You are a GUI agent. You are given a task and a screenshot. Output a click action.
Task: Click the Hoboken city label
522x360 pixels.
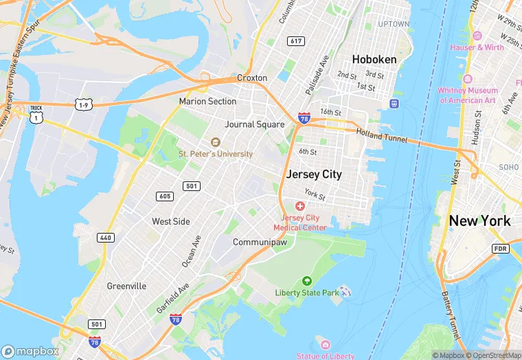[374, 59]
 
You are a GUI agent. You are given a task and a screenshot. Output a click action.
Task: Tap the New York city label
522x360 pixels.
[479, 221]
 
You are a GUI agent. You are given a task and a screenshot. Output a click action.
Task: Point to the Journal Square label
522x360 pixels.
[254, 124]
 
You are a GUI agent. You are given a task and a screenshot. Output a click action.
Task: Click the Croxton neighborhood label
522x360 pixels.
[251, 78]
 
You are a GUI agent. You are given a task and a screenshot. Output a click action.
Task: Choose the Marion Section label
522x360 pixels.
[207, 101]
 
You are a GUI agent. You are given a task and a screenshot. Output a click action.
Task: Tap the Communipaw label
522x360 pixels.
[264, 243]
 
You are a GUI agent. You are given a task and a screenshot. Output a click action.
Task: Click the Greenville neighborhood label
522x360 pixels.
[126, 286]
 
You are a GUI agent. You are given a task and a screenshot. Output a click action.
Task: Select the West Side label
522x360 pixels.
[171, 221]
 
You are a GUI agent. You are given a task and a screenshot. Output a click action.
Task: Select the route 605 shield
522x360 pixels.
[165, 196]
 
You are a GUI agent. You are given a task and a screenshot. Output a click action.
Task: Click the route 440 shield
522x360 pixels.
[105, 238]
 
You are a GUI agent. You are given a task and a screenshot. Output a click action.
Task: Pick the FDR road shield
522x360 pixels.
[500, 248]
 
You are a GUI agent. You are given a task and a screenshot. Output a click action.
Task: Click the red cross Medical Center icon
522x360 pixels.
[300, 206]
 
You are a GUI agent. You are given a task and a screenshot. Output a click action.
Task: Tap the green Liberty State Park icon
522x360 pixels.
[306, 281]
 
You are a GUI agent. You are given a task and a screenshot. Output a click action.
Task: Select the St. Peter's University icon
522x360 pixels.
[215, 142]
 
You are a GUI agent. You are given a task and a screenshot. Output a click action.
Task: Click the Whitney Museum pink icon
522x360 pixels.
[467, 78]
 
